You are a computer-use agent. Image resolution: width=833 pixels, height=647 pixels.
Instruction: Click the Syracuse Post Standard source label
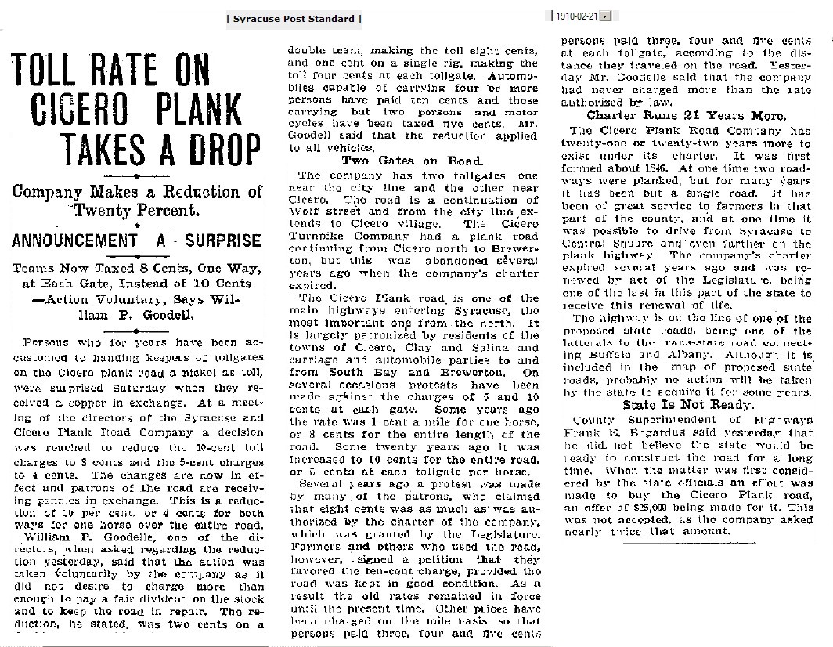coord(294,18)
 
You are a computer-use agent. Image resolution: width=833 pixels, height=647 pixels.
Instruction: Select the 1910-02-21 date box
coord(575,16)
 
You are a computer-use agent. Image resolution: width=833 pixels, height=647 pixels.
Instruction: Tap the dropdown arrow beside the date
coord(606,16)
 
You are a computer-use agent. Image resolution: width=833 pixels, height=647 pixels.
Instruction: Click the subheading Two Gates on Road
coord(399,161)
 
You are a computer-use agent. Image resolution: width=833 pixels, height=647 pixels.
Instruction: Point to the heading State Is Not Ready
coord(678,405)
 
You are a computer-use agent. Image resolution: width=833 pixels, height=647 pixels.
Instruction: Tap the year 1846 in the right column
coord(665,165)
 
